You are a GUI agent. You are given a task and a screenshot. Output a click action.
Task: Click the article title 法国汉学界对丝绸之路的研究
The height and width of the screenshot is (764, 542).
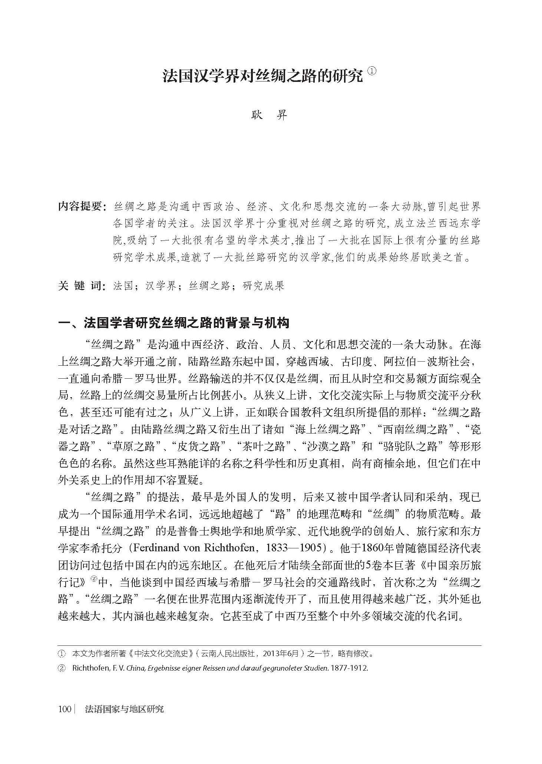point(262,76)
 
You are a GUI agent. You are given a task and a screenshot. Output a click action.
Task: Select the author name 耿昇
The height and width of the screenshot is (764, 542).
point(270,115)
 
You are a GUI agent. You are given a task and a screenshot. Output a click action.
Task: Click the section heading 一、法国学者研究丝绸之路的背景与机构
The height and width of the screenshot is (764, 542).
point(173,323)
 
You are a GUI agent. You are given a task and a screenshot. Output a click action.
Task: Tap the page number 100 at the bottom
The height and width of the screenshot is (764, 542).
point(65,709)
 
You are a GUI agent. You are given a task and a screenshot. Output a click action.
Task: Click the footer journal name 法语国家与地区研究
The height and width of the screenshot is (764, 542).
point(124,709)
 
